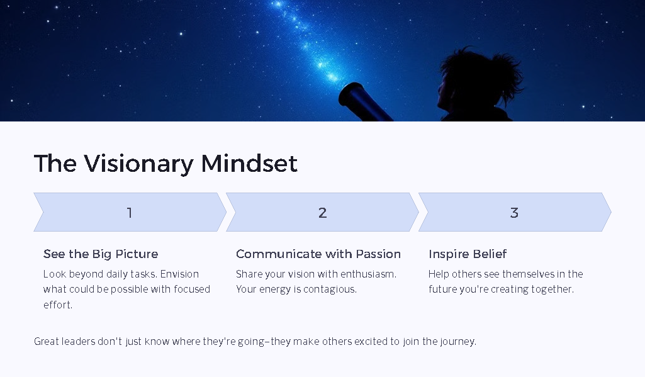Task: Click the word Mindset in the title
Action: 249,164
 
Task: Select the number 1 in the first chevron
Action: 130,213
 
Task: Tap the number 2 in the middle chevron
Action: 322,213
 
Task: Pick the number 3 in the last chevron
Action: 514,213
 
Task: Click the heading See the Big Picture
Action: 101,254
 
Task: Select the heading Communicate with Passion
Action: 318,254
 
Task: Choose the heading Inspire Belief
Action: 468,254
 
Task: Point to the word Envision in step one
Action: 179,274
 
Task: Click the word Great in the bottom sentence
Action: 47,342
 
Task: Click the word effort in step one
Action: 57,305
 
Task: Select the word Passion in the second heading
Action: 378,254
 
